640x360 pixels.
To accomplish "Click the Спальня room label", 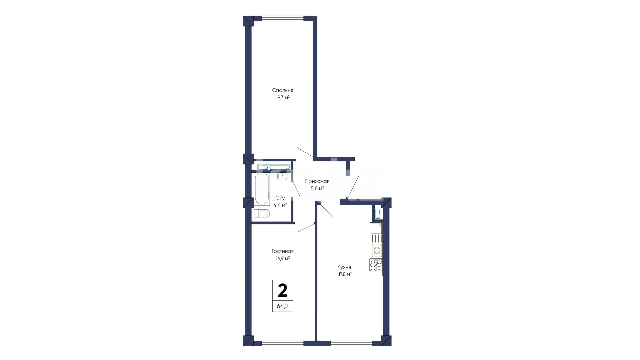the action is point(283,90).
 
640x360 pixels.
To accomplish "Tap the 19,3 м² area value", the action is point(283,98).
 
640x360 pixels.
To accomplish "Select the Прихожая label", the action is point(317,181).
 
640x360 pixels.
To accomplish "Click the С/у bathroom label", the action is point(280,198).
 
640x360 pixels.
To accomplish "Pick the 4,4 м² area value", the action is point(280,205).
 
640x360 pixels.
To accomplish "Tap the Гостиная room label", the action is point(283,251).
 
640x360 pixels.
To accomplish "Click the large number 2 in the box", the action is point(283,290).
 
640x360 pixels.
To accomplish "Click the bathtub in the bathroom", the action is point(261,189).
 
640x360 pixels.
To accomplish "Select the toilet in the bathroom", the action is point(262,213).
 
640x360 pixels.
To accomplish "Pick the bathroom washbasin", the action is point(282,177).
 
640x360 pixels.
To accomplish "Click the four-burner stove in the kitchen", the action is point(376,265).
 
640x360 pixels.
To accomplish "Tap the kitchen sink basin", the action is point(376,228).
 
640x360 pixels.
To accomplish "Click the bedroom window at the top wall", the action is point(283,19).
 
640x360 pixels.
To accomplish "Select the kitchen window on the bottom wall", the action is point(351,343).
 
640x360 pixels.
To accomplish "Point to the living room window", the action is point(283,343).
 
